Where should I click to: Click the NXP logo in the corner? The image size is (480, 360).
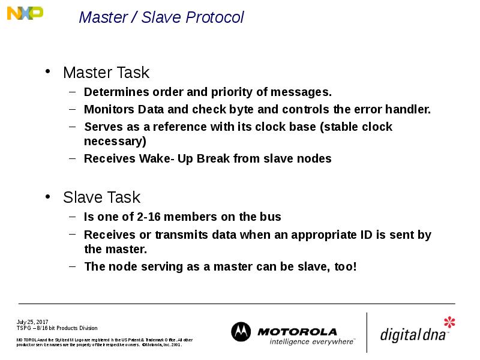(x=25, y=13)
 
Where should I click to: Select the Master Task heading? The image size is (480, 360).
(x=106, y=73)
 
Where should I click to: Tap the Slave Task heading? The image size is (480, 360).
(x=101, y=197)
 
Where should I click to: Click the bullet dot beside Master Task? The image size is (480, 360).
(x=49, y=73)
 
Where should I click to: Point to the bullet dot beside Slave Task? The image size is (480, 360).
(x=49, y=197)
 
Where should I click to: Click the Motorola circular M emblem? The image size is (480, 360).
(x=241, y=332)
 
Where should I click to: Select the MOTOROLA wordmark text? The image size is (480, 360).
(x=297, y=331)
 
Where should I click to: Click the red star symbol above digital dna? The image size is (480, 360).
(x=449, y=322)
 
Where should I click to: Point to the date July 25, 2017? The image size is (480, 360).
(x=32, y=322)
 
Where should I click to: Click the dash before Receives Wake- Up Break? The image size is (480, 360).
(x=71, y=159)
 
